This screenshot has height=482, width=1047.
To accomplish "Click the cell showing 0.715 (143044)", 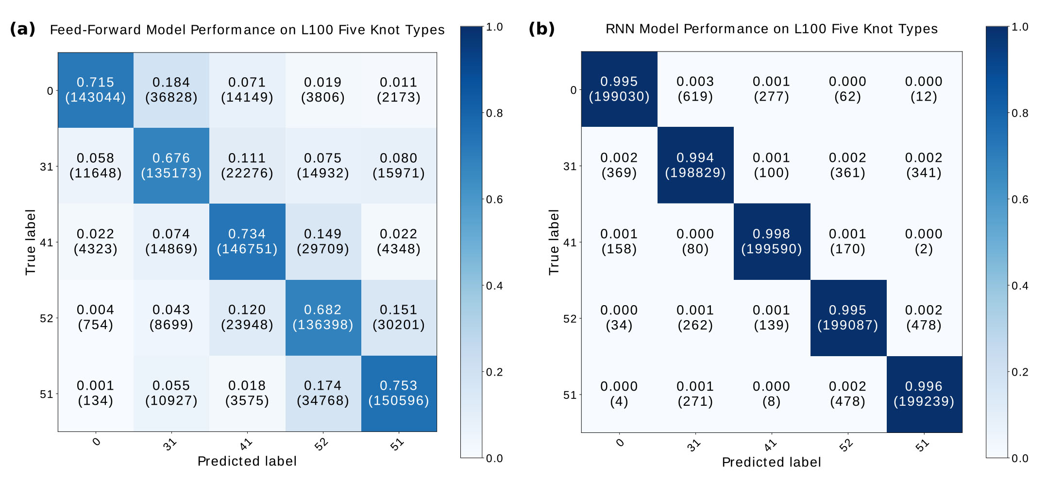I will tap(96, 90).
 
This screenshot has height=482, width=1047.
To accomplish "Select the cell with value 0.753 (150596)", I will tap(399, 393).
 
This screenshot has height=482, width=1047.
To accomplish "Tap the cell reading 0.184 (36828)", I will tap(171, 90).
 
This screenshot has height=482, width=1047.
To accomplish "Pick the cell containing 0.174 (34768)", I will tap(323, 393).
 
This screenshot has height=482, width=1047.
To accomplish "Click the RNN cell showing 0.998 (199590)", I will tap(771, 241).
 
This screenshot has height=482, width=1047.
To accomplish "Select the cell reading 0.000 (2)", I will tap(924, 241).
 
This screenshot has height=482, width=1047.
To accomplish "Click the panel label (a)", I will tap(22, 29).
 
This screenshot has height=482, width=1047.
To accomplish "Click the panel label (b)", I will tap(541, 29).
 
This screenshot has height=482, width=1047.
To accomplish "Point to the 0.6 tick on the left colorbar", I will tap(494, 200).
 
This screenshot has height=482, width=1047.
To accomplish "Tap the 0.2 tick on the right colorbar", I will tap(1019, 372).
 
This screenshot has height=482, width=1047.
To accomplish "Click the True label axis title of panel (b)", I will tap(554, 242).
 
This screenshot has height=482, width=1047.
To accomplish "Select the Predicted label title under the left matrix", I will tap(247, 461).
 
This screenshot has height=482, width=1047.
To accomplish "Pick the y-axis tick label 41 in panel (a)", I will tap(46, 242).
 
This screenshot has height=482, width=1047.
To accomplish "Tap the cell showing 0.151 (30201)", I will tap(399, 317).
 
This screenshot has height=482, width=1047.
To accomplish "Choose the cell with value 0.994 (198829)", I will tap(695, 165).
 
